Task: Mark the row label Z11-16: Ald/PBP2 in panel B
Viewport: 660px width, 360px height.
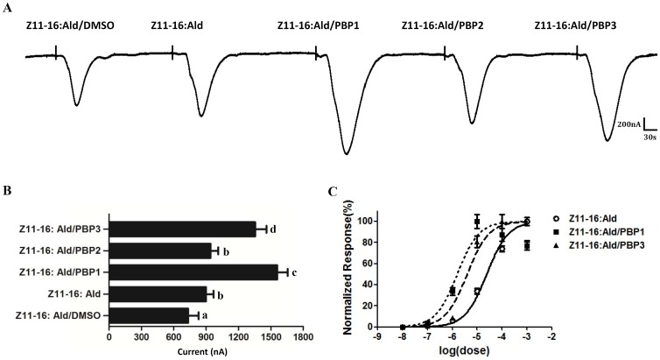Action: click(x=58, y=251)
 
